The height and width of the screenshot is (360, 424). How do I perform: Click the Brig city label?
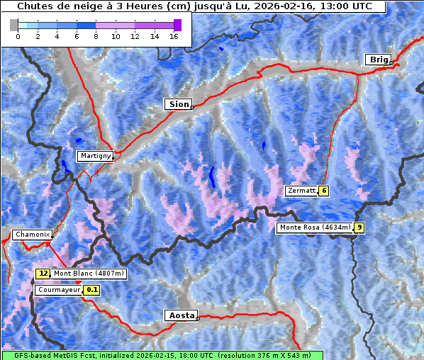click(379, 60)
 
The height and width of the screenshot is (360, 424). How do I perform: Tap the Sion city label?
click(178, 104)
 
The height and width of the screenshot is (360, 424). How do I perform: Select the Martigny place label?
click(94, 156)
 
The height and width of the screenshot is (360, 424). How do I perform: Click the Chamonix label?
click(32, 235)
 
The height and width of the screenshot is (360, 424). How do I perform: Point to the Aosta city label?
click(180, 315)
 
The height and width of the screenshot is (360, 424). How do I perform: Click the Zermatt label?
click(301, 191)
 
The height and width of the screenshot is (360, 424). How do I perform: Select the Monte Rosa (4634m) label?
click(315, 227)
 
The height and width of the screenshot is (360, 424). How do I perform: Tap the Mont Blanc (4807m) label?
click(89, 274)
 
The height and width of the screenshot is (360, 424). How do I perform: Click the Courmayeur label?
click(58, 290)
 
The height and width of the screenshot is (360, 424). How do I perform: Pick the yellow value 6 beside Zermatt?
click(323, 191)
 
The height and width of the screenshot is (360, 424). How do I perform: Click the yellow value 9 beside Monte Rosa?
click(359, 227)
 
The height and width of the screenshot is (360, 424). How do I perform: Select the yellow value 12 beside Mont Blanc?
click(43, 274)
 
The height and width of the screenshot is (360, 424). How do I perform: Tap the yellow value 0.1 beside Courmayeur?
click(92, 290)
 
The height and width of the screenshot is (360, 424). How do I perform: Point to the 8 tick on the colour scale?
click(96, 36)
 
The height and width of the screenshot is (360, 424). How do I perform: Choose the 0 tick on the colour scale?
click(18, 36)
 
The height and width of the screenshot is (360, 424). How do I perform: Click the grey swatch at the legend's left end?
click(14, 25)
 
